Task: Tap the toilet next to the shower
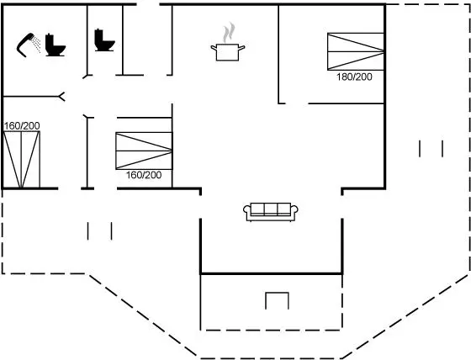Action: (x=55, y=45)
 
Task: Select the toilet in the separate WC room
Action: (x=104, y=40)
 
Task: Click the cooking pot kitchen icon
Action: (x=228, y=52)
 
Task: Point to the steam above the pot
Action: (x=229, y=32)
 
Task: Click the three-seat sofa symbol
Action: (x=270, y=212)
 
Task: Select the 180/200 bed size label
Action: (x=354, y=77)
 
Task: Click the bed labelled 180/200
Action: (x=355, y=51)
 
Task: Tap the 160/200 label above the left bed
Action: (x=22, y=126)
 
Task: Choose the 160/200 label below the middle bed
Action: (x=144, y=175)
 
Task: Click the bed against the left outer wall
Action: (x=22, y=160)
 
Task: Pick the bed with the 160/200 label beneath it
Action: (x=144, y=151)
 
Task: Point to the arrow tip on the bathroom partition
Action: (x=60, y=97)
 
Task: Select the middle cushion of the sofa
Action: (x=270, y=209)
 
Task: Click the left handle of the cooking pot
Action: (x=214, y=48)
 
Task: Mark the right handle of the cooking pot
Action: (x=241, y=47)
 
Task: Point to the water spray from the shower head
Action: (x=37, y=44)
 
